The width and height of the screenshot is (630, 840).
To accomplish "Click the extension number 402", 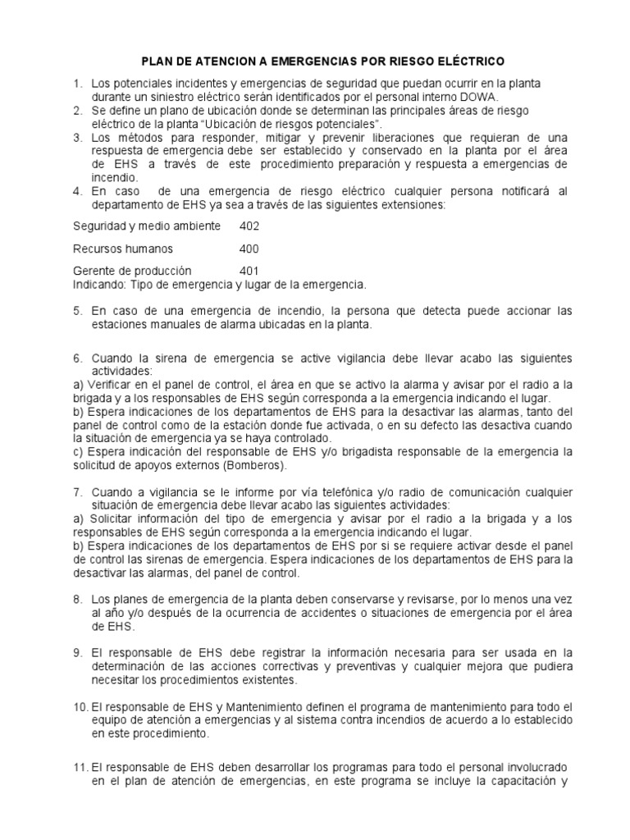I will pos(249,226).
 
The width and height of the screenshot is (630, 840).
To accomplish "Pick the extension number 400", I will pos(249,249).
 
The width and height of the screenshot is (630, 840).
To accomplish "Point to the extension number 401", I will pos(249,272).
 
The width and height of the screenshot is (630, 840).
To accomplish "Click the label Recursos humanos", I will pos(123,249).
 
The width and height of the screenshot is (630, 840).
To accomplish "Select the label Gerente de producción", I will pos(132,272).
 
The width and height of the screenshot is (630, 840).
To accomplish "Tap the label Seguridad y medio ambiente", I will pos(147,226).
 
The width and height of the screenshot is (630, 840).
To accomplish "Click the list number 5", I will pos(78,311).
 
